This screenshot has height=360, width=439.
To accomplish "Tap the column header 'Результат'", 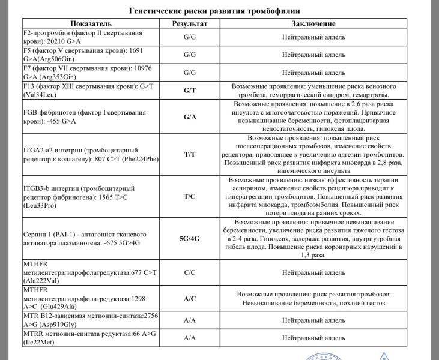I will coord(189,23).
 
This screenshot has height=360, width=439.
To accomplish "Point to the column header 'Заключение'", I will coord(313,23).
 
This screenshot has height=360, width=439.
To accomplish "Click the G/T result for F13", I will coord(189,91).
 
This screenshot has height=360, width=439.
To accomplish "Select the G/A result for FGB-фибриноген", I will coord(189,117).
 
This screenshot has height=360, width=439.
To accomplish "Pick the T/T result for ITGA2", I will coord(189,154).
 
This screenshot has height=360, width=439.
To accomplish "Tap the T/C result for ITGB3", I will coord(189,196).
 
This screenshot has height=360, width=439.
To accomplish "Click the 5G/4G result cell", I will coord(189,238).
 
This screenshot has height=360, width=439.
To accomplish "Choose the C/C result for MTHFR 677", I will coord(189,272).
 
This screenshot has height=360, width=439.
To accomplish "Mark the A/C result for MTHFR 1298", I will coord(189,298).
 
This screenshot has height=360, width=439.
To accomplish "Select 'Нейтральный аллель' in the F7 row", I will coord(313,73).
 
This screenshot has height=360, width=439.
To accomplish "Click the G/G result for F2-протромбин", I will coord(189,37).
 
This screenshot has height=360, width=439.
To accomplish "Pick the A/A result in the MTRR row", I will coord(189,338).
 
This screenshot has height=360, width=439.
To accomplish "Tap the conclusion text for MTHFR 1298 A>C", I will coord(313,298).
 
